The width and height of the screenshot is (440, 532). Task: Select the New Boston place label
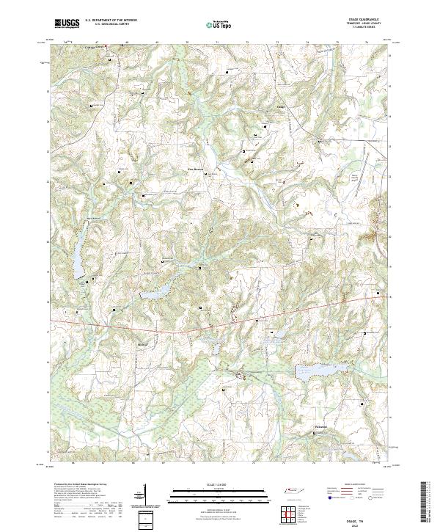coord(192,169)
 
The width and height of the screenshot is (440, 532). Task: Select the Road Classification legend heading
coord(354,486)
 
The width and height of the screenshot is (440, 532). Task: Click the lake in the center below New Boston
coord(156,294)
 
